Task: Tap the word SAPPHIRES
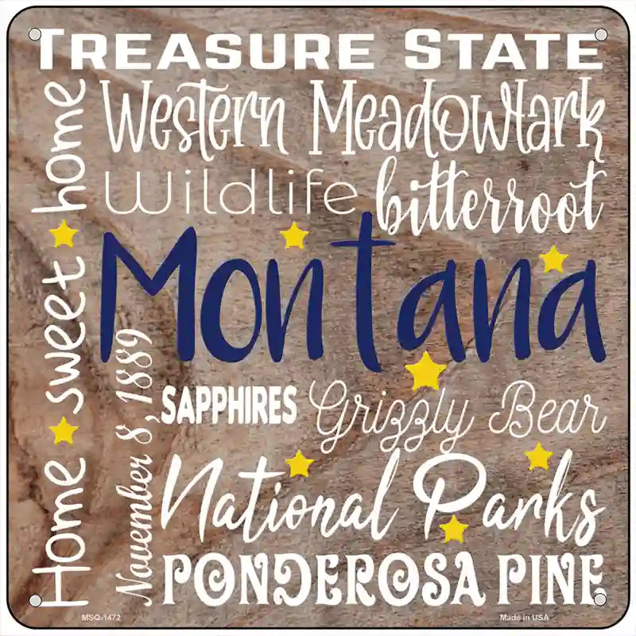point(229,406)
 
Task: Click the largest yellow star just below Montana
point(426,371)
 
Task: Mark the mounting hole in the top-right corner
point(601,35)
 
